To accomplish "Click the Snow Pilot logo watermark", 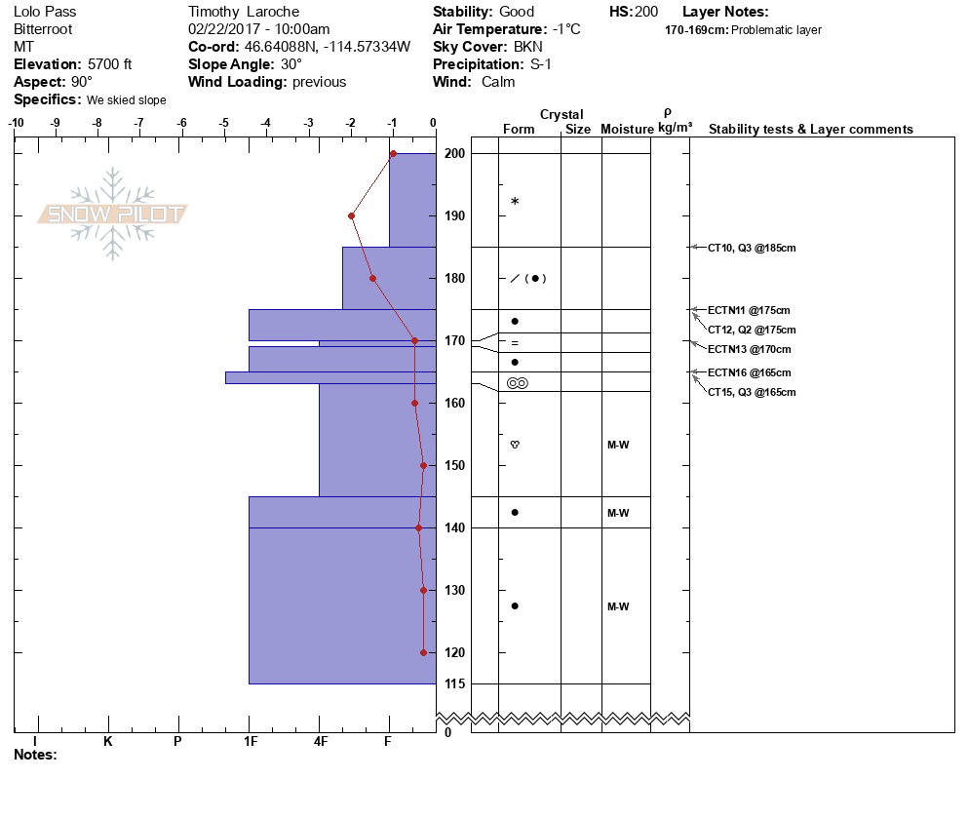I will [113, 214].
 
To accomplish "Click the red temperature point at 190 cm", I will [351, 215].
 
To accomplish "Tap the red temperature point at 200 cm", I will [393, 153].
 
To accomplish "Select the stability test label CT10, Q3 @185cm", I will [752, 248].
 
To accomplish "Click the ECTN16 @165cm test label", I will [749, 372].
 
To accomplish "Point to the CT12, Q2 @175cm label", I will [752, 330].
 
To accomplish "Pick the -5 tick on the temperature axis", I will [224, 123].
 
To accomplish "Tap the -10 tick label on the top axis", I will [17, 123].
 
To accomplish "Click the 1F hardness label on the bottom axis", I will [251, 741].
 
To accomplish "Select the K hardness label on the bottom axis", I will [108, 741].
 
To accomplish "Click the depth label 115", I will [454, 684].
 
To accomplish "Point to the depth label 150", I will [454, 465].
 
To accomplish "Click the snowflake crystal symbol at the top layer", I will [515, 202].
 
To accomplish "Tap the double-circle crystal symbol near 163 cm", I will [518, 383].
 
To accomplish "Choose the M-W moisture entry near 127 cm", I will [618, 606].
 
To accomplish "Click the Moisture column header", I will [626, 130].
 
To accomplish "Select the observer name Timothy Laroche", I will [244, 12].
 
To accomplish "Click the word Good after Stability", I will [516, 12].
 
